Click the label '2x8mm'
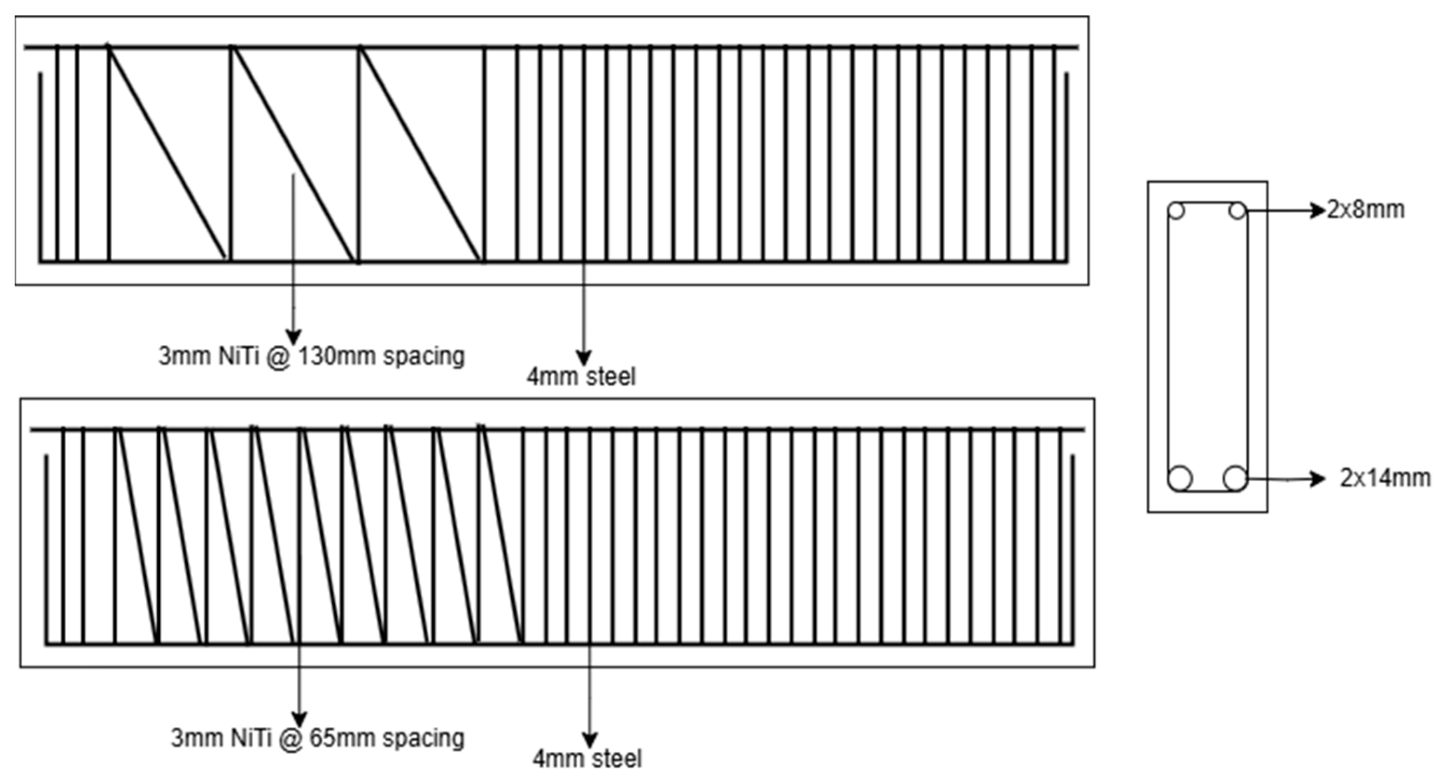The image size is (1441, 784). [x=1366, y=210]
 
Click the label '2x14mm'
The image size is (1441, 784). [x=1385, y=478]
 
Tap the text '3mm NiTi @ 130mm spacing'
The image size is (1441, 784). [x=311, y=356]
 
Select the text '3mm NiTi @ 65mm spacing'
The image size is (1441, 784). [x=317, y=738]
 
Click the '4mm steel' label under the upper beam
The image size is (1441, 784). [x=581, y=376]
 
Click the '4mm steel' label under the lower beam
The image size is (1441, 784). [x=587, y=759]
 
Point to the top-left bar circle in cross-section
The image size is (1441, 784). [x=1177, y=211]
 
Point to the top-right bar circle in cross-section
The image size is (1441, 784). [x=1238, y=211]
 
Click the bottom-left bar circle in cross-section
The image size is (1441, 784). [x=1180, y=479]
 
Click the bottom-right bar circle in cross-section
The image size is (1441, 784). [x=1235, y=479]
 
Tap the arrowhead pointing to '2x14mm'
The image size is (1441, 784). [x=1319, y=479]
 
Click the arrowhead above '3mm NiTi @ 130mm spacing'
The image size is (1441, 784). [x=294, y=337]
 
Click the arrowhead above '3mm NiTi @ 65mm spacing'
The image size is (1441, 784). [x=300, y=719]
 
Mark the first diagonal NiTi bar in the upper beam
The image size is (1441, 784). [x=167, y=154]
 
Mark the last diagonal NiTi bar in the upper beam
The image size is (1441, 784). [x=421, y=154]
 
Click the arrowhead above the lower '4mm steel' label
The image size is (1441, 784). [x=589, y=739]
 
